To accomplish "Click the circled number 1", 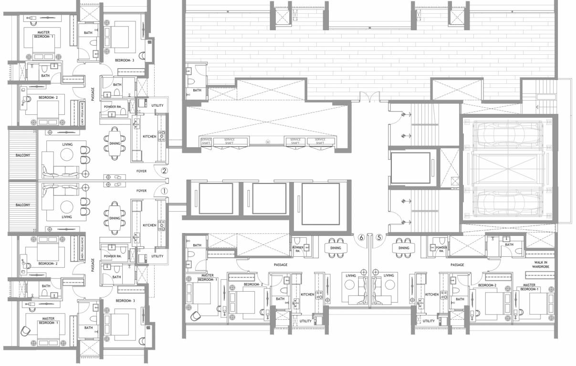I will [164, 190].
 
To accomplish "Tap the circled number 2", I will [164, 170].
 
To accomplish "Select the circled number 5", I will [379, 237].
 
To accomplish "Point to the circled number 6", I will [361, 237].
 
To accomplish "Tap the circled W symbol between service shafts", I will [268, 142].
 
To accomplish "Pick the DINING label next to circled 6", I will [335, 248].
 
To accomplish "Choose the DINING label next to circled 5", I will [404, 248].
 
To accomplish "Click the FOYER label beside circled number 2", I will [141, 171].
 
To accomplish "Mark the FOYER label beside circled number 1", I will [141, 191].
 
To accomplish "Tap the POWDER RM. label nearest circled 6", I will [298, 249].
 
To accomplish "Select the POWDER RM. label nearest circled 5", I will [441, 249].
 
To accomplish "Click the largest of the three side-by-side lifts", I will [321, 203].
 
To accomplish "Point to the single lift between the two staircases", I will [410, 169].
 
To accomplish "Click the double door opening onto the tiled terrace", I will [370, 97].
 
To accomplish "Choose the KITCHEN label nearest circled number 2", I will [149, 137].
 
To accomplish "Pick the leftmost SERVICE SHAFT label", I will [206, 141].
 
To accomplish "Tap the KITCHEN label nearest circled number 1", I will [149, 225].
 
